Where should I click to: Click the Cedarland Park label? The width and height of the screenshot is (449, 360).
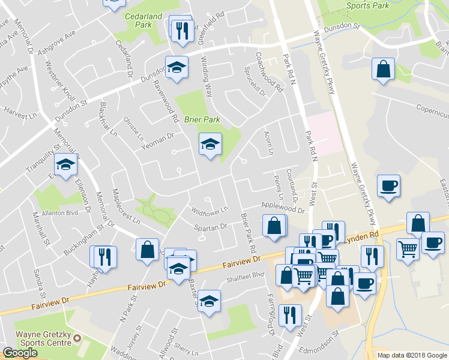click(139, 20)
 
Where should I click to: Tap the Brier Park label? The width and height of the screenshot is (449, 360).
click(202, 119)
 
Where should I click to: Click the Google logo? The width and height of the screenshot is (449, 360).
click(20, 353)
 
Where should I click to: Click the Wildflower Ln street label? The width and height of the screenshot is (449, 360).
click(209, 211)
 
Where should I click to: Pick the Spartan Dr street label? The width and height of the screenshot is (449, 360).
click(211, 227)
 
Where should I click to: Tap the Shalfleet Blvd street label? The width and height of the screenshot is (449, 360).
click(246, 275)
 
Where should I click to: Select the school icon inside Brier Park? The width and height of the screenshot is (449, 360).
click(210, 144)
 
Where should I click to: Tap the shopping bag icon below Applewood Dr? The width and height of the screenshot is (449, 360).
click(274, 226)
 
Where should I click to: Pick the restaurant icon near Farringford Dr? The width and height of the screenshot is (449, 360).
click(291, 314)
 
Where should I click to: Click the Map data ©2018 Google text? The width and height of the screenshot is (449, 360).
click(412, 355)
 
